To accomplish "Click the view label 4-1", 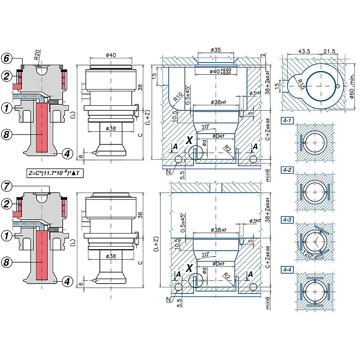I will pos(287,120).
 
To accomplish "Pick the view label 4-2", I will pos(287,170).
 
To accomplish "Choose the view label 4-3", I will pos(287,220).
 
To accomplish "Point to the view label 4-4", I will pos(287,269).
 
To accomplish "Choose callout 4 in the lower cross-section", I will pos(66,282).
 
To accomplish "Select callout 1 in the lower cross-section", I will pos(7,235).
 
